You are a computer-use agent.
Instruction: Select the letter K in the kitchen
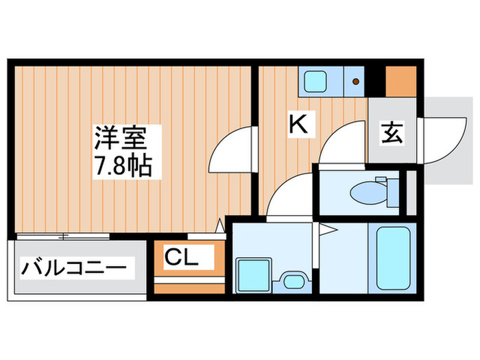[x=298, y=123]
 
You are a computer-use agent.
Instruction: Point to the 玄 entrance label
[x=392, y=132]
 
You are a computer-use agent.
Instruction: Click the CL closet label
[x=181, y=257]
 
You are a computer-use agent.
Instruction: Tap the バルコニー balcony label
[x=73, y=268]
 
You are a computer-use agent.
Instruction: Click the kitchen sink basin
[x=314, y=81]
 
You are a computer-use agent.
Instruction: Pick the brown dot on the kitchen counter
[x=356, y=82]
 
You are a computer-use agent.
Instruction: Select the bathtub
[x=393, y=258]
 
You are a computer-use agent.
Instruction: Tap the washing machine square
[x=254, y=274]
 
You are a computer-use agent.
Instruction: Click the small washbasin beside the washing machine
[x=294, y=281]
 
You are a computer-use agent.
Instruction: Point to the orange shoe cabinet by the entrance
[x=401, y=82]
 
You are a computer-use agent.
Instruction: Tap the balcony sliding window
[x=63, y=237]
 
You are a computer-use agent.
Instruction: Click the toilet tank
[x=392, y=192]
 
